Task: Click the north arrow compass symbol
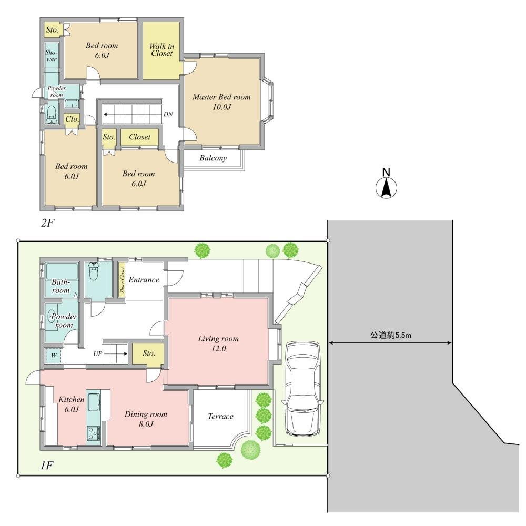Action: pyautogui.click(x=386, y=186)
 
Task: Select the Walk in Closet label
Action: pyautogui.click(x=162, y=50)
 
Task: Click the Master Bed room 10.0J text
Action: pyautogui.click(x=221, y=102)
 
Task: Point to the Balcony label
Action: pyautogui.click(x=213, y=158)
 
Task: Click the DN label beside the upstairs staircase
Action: pyautogui.click(x=168, y=114)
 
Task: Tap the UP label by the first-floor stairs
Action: pyautogui.click(x=98, y=353)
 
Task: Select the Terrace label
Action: pyautogui.click(x=220, y=416)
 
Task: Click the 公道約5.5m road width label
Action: pyautogui.click(x=390, y=335)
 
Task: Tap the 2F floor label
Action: pyautogui.click(x=48, y=223)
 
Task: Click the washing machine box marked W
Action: pyautogui.click(x=53, y=356)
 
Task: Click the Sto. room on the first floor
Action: pyautogui.click(x=148, y=353)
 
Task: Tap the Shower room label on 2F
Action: pyautogui.click(x=50, y=56)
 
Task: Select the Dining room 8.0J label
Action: pyautogui.click(x=139, y=419)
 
